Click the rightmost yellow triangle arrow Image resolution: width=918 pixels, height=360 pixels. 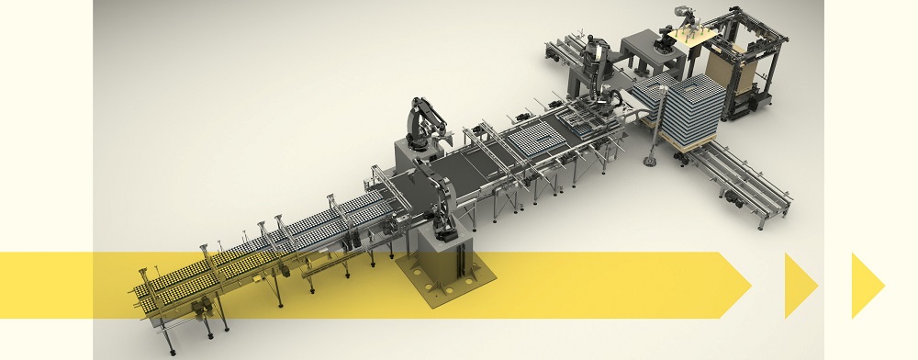coord(866,286)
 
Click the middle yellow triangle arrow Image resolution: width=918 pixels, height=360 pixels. coord(800,286)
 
